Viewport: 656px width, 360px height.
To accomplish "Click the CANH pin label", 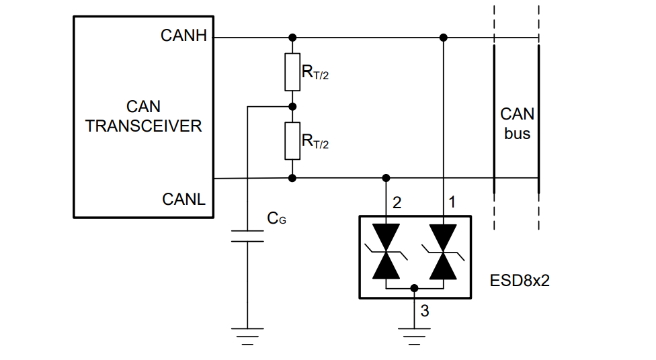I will coord(184,36).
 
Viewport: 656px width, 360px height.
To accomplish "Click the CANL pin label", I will coord(184,199).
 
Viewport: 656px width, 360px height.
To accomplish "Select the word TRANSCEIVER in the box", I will coord(143,126).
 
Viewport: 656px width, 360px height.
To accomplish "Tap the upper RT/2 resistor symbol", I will coord(292,73).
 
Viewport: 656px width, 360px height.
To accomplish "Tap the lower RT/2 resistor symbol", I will coord(292,141).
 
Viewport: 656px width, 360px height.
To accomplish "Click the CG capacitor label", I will coord(276,218).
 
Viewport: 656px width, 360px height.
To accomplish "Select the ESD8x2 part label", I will coord(520,280).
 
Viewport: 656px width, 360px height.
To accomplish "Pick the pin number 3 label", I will coord(425,310).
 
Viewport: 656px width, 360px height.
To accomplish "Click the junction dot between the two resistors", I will coord(292,106).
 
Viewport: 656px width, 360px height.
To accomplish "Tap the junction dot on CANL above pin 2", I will coord(386,178).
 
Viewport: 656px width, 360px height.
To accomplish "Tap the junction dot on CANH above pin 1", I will coord(442,38).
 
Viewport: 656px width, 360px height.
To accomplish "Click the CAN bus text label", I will coord(517,124).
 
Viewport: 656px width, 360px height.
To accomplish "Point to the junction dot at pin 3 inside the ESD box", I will coord(414,288).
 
